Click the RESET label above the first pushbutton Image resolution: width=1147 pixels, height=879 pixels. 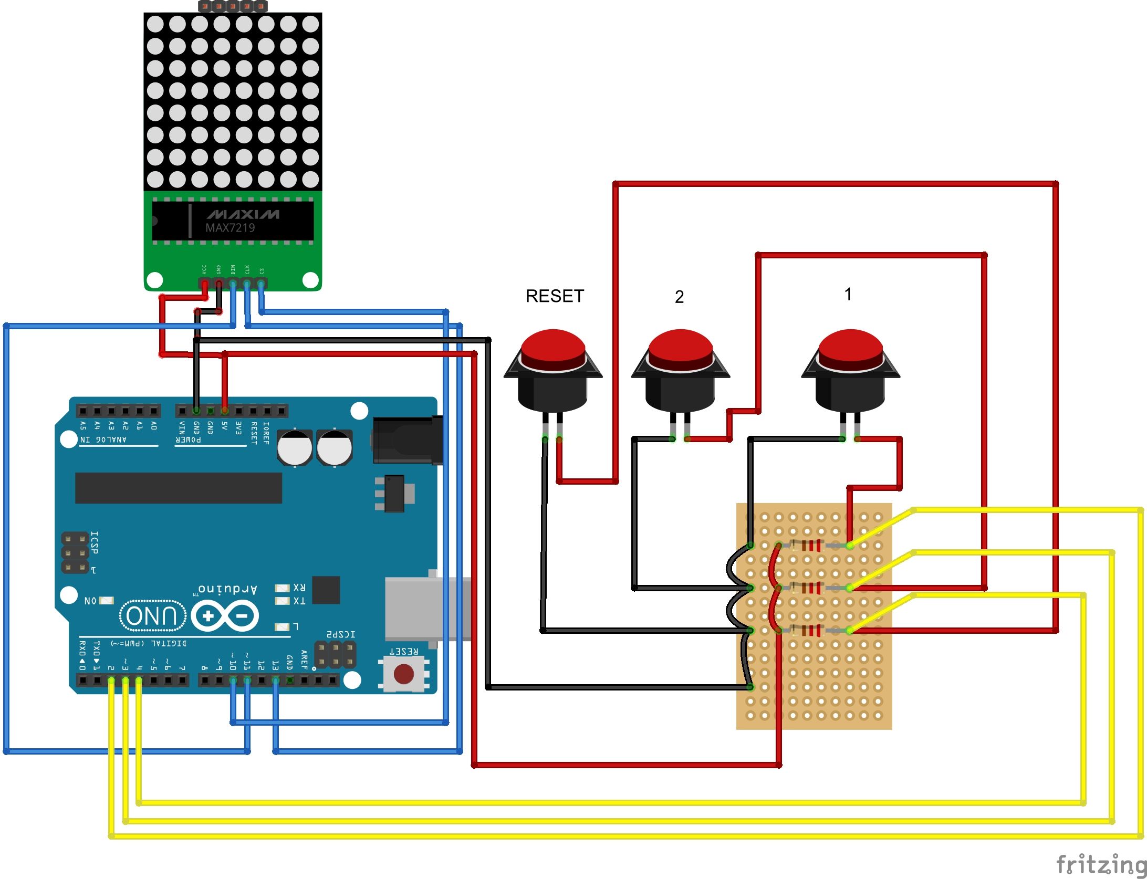coord(555,296)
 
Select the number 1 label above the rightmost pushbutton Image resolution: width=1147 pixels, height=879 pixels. coord(848,294)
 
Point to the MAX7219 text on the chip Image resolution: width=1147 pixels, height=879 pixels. coord(230,228)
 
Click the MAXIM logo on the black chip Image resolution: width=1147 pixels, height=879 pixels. coord(243,214)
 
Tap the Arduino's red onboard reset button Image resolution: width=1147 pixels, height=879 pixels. coord(403,674)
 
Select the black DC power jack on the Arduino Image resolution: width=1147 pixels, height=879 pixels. coord(407,440)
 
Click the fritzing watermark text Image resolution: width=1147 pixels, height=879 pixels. coord(1101,864)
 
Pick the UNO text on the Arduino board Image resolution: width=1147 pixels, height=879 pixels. coord(152,615)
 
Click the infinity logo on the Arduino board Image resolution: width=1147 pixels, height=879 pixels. coord(225,615)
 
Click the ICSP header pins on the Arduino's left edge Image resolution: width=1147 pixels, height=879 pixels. coord(75,553)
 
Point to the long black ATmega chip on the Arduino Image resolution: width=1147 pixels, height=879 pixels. coord(179,488)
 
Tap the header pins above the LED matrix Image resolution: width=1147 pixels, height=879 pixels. coord(233,6)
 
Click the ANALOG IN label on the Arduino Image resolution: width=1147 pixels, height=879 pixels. coord(103,439)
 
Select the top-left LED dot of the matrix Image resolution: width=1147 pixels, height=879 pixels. coord(155,24)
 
